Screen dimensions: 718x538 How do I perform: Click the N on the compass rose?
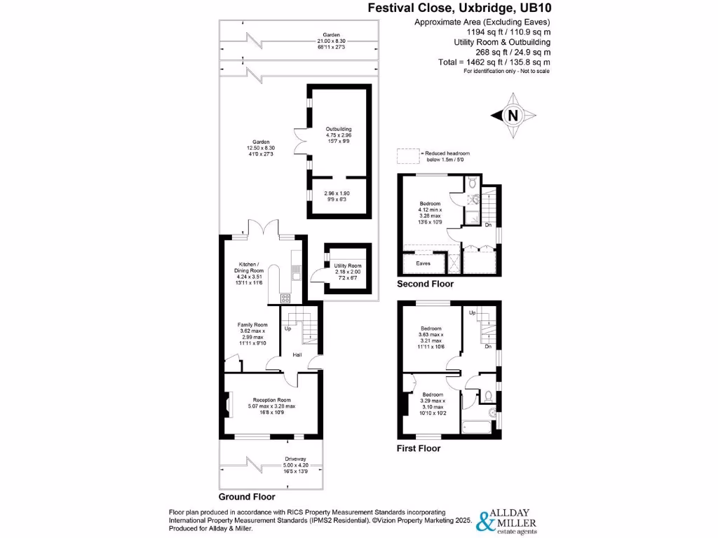coord(513,116)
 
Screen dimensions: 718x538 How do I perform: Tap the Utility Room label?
coord(348,265)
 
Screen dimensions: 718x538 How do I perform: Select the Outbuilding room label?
coord(339,129)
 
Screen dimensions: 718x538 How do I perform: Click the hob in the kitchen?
coord(285,298)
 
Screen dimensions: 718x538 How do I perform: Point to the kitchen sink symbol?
coord(297,276)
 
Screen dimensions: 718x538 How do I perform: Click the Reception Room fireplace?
coord(227,404)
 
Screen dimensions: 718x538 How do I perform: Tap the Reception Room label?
coord(272,400)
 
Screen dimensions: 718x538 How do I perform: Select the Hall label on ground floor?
coord(297,354)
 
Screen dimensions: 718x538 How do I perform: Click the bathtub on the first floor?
coord(477,427)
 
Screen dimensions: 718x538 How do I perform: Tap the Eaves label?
coord(423,263)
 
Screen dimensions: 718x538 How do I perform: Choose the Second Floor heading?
coord(425,284)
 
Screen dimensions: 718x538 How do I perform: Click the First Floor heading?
coord(419,448)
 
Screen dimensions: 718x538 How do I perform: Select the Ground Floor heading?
coord(247,497)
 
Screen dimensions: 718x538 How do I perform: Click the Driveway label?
coord(295,459)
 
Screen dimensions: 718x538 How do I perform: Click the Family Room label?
coord(252,325)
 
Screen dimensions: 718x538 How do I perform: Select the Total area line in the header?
coord(494,62)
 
